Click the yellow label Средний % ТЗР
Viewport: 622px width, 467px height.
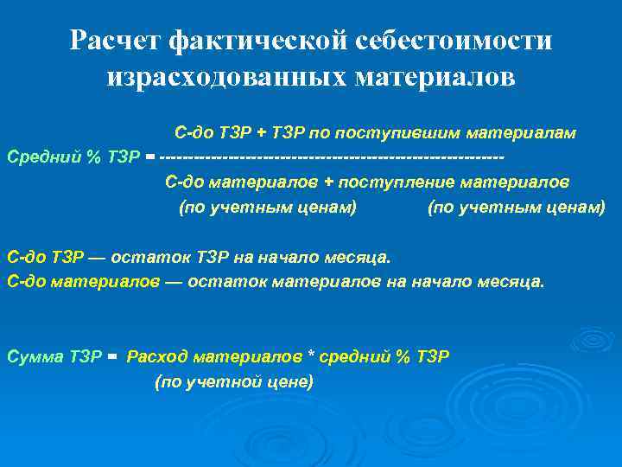coord(73,157)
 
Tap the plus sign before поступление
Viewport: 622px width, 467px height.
coord(329,182)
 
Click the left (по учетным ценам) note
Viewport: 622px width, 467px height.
coord(267,208)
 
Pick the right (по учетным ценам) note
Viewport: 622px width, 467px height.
coord(517,208)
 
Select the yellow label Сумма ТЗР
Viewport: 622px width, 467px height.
coord(54,356)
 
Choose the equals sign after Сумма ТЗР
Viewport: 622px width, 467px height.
coord(112,356)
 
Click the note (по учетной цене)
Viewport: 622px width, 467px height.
coord(233,381)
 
